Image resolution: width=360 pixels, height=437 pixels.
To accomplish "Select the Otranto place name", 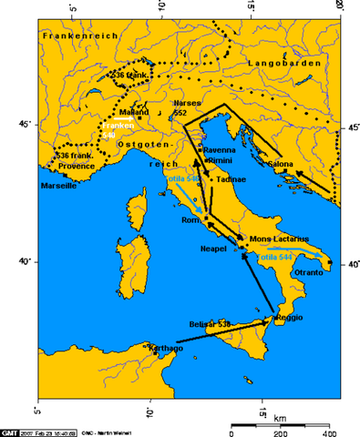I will (309, 272).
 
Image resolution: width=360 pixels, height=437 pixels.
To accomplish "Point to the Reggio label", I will (285, 317).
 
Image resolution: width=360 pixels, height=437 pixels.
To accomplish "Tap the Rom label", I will (191, 221).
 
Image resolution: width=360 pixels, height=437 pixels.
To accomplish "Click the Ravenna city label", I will (219, 148).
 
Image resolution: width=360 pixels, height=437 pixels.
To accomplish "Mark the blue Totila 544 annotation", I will (275, 258).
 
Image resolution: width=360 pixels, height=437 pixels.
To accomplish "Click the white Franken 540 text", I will (118, 130).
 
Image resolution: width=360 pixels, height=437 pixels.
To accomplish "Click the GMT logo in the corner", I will (11, 430).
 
